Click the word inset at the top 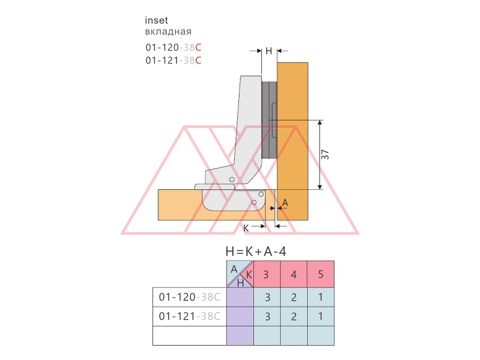156,20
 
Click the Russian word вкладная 168,31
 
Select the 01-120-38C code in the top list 173,47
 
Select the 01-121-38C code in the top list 173,60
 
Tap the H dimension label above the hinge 269,51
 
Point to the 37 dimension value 325,155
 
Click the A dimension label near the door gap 285,203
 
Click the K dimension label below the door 246,228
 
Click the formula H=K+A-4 256,252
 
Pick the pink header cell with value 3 267,274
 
